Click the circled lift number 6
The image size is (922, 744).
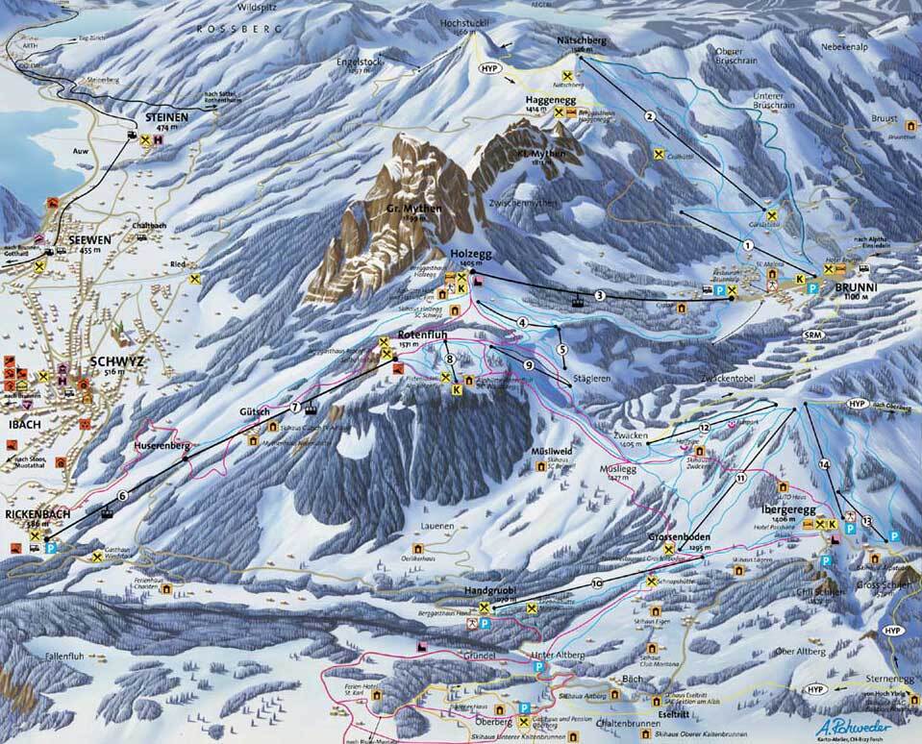pyautogui.click(x=122, y=496)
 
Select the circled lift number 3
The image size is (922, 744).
pyautogui.click(x=599, y=296)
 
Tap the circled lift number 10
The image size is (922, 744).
pyautogui.click(x=597, y=583)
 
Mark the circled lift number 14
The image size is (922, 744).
pyautogui.click(x=823, y=464)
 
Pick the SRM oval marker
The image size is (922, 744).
pyautogui.click(x=814, y=334)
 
